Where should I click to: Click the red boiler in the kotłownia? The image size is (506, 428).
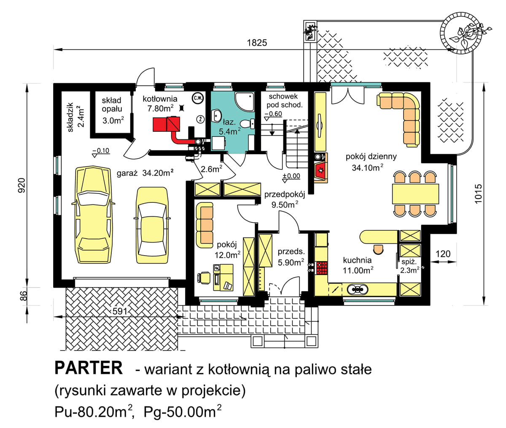click(166, 124)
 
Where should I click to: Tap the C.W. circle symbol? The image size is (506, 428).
click(198, 98)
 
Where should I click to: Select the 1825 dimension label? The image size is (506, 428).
click(257, 43)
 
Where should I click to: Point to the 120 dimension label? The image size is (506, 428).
click(443, 254)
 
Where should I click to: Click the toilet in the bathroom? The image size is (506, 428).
click(248, 123)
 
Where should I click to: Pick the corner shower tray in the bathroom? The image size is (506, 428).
click(245, 101)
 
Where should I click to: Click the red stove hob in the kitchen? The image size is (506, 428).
click(322, 268)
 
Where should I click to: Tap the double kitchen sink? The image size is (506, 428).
click(358, 289)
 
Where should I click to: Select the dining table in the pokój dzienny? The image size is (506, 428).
click(415, 194)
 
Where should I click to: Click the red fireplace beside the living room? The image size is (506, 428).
click(321, 171)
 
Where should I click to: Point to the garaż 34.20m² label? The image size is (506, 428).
click(145, 173)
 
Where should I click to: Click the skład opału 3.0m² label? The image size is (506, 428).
click(113, 110)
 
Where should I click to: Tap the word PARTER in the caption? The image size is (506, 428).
click(89, 368)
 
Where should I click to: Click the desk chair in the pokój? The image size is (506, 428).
click(204, 278)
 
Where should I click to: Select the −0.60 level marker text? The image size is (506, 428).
click(273, 114)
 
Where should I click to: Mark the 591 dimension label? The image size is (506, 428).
click(120, 311)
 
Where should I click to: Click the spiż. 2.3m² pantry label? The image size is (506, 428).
click(409, 266)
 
